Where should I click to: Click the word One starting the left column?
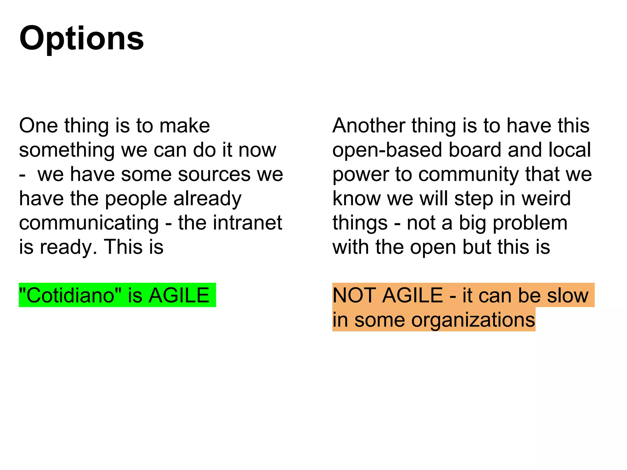click(x=38, y=126)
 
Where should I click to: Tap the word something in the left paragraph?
click(x=67, y=150)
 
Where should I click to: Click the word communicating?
click(x=89, y=223)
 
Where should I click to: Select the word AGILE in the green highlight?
click(x=179, y=296)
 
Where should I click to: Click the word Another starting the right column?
click(x=369, y=126)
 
